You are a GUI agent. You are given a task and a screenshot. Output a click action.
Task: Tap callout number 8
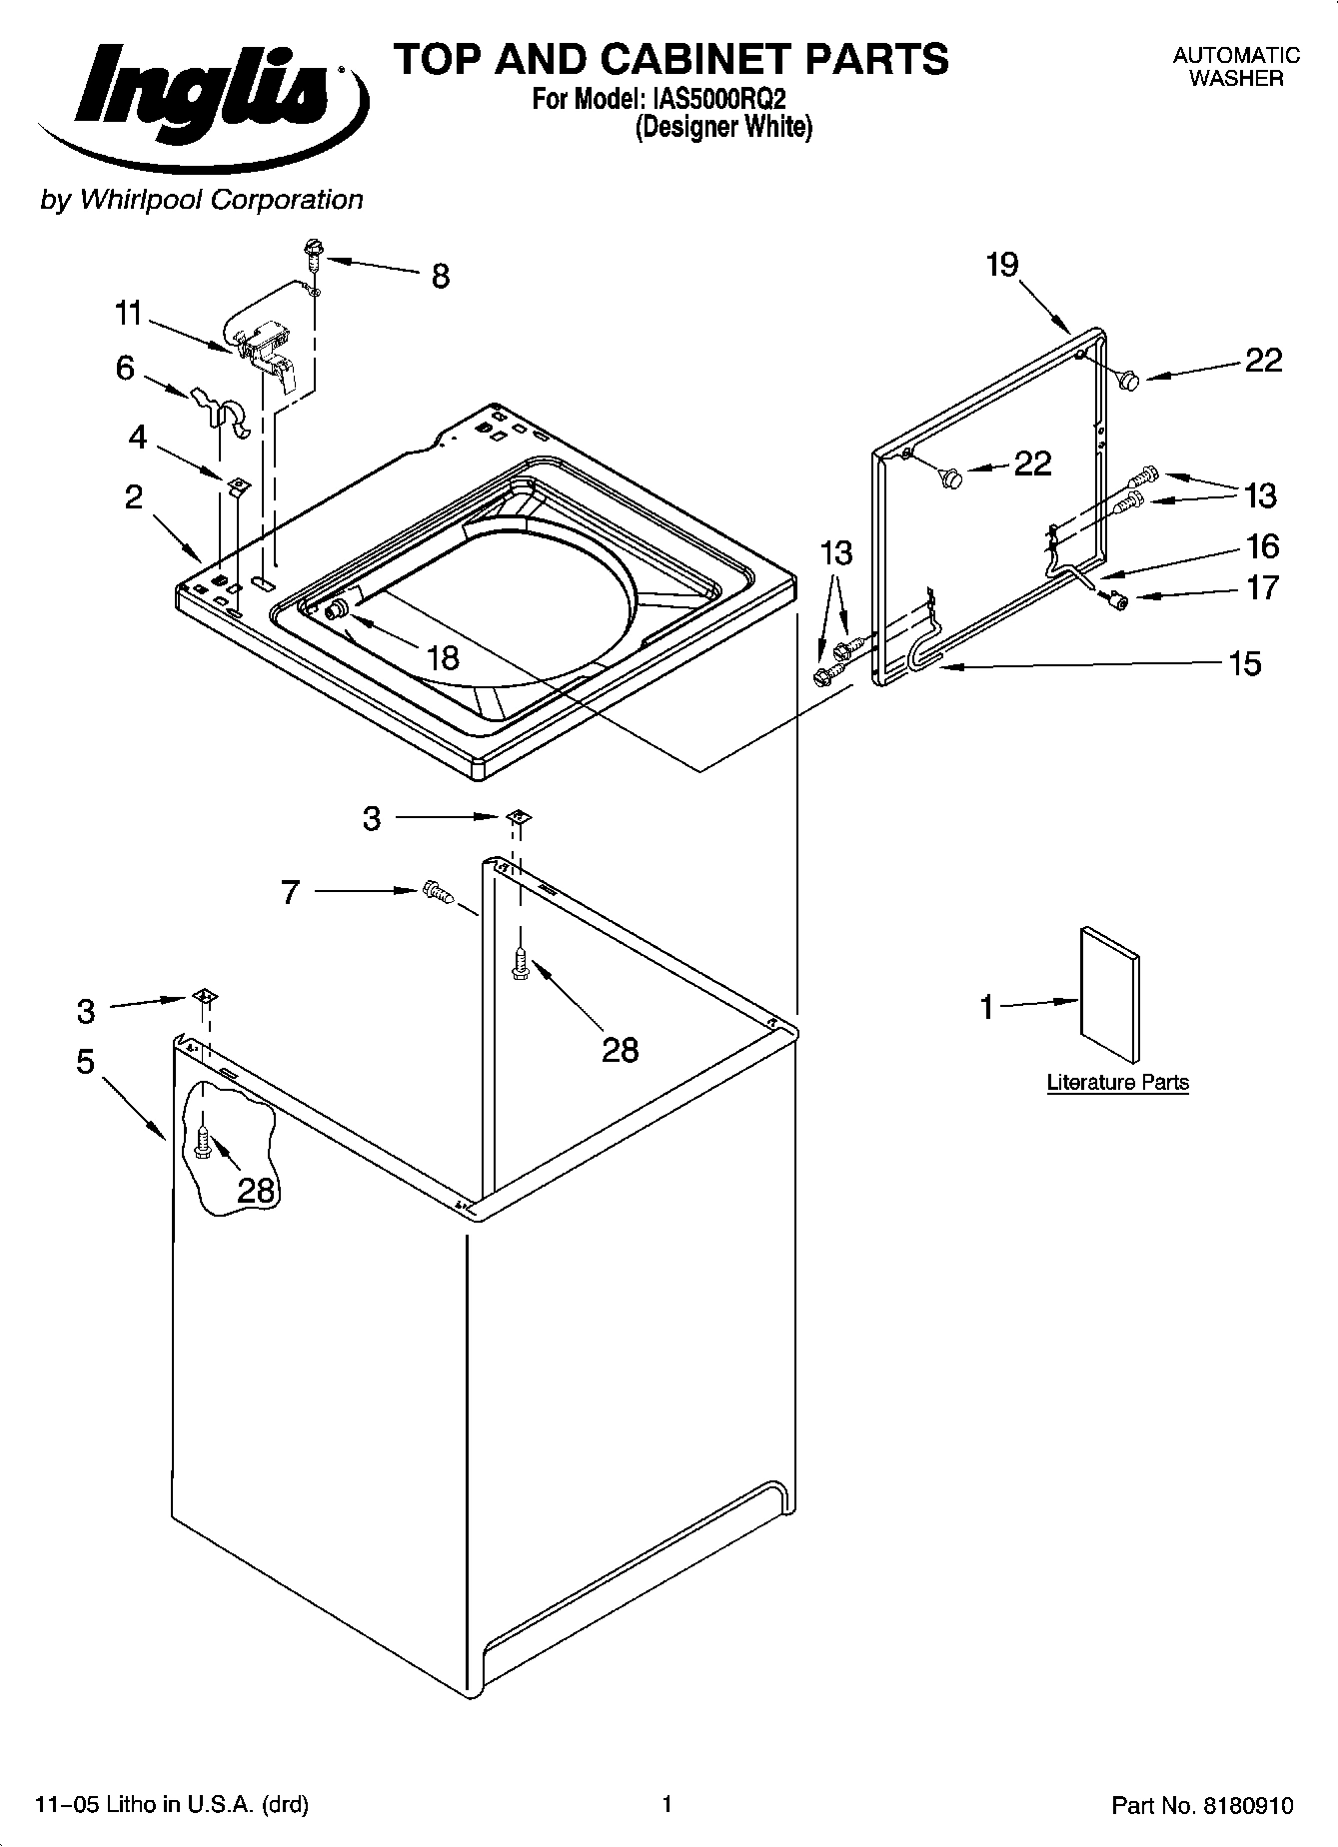441,277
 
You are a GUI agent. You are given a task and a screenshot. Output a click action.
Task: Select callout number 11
128,314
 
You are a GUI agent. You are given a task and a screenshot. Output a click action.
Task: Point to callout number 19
1001,265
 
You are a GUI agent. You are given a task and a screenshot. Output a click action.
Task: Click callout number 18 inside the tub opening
442,657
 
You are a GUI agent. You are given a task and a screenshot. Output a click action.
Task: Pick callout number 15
1245,663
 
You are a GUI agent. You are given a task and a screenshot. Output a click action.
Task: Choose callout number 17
1262,587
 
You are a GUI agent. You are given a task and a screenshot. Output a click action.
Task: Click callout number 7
290,891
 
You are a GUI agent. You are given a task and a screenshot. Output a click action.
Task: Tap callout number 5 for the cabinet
86,1061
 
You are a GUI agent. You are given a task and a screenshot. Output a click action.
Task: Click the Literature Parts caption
1117,1082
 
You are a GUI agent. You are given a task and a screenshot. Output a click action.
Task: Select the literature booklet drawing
1109,995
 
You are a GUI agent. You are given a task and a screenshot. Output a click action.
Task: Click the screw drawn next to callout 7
437,892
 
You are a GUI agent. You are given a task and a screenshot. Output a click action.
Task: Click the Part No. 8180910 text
1202,1805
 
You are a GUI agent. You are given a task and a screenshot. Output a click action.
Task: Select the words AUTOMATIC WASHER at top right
1235,67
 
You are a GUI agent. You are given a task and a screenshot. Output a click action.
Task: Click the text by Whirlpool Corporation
201,200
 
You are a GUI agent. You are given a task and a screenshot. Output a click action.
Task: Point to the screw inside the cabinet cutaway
204,1142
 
